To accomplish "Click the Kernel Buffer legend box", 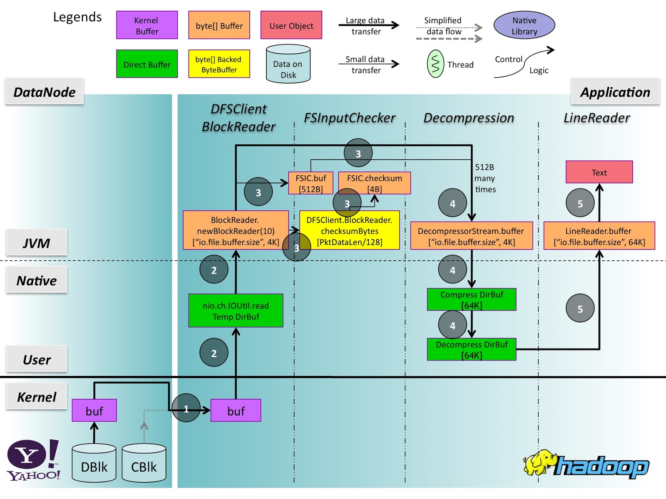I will (x=147, y=25).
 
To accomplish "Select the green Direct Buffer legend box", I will (x=147, y=64).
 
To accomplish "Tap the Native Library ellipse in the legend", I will (x=524, y=25).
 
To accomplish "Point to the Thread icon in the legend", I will (x=435, y=64).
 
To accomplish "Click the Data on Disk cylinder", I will (x=288, y=64).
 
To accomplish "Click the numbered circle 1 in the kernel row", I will (x=186, y=408).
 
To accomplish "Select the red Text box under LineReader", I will (x=599, y=172).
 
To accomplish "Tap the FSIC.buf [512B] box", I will (x=311, y=183).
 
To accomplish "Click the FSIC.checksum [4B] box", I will (x=375, y=183).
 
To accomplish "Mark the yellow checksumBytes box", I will (x=350, y=230).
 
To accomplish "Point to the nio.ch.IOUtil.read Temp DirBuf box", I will (x=236, y=311).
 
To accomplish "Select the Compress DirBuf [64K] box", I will (x=472, y=299).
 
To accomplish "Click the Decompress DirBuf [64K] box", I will (x=472, y=349).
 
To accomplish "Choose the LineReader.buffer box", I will (x=599, y=236).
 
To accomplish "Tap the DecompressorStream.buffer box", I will (x=471, y=236).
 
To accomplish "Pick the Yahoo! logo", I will (x=33, y=460).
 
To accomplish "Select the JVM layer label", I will (x=37, y=242).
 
